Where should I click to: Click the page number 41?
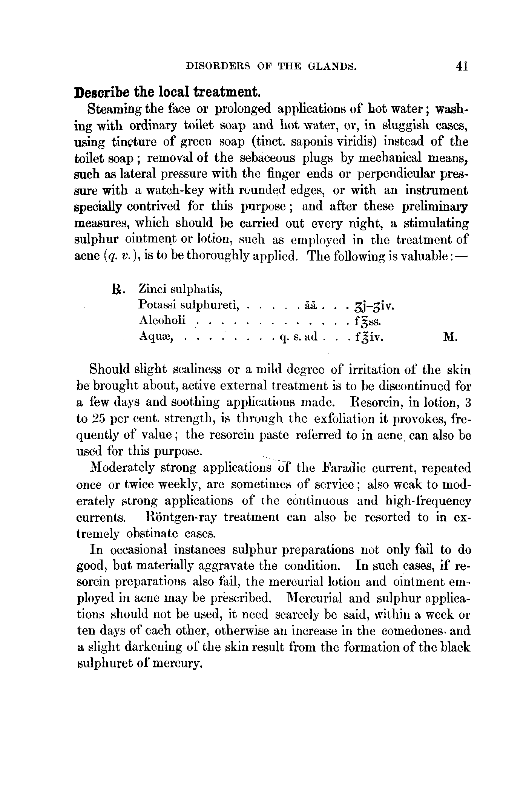pyautogui.click(x=462, y=66)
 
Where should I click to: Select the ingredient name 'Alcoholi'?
pyautogui.click(x=162, y=320)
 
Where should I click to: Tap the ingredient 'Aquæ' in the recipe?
pyautogui.click(x=156, y=336)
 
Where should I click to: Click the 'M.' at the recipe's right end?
pyautogui.click(x=451, y=336)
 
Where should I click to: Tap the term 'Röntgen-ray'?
pyautogui.click(x=181, y=517)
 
